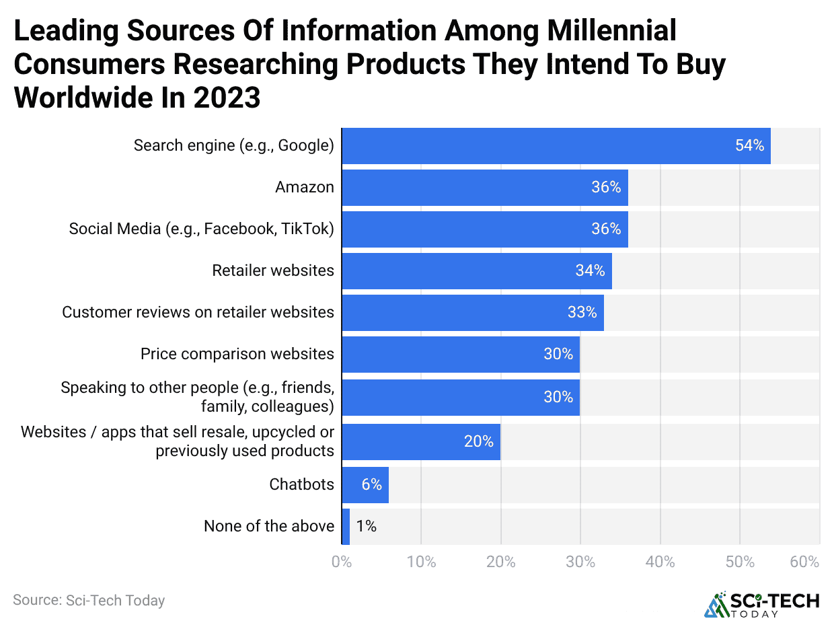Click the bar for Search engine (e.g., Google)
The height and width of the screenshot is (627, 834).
(556, 145)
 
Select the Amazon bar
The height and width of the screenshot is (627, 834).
(484, 188)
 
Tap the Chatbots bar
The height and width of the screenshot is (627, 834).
(365, 484)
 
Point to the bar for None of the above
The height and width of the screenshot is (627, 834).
(346, 526)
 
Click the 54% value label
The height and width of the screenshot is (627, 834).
(749, 145)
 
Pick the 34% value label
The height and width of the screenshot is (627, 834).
(590, 270)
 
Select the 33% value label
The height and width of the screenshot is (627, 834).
(582, 312)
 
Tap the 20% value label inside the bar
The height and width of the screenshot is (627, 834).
(478, 441)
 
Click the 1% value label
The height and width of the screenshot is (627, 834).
(366, 526)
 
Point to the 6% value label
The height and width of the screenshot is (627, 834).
(371, 484)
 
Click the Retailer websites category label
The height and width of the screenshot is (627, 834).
(272, 270)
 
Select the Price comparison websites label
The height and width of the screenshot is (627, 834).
(237, 354)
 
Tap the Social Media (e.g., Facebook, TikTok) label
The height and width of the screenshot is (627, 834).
(201, 229)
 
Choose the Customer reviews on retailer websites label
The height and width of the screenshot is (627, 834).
(198, 312)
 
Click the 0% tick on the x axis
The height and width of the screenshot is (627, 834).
(342, 562)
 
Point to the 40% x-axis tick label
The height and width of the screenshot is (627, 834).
(660, 562)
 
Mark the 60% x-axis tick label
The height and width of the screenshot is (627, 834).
(804, 562)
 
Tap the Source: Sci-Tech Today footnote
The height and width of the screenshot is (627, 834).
(89, 600)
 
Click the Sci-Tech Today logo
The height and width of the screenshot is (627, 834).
(761, 604)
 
